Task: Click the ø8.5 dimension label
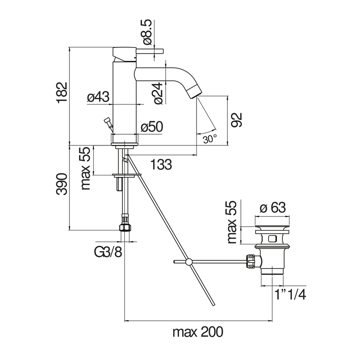pyautogui.click(x=147, y=32)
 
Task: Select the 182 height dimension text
pyautogui.click(x=62, y=92)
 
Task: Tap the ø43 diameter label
pyautogui.click(x=98, y=97)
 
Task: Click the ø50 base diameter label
pyautogui.click(x=152, y=127)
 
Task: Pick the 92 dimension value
pyautogui.click(x=236, y=119)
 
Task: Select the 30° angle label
pyautogui.click(x=210, y=139)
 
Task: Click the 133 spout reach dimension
pyautogui.click(x=161, y=164)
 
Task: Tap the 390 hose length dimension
pyautogui.click(x=62, y=184)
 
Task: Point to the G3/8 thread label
pyautogui.click(x=108, y=252)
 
